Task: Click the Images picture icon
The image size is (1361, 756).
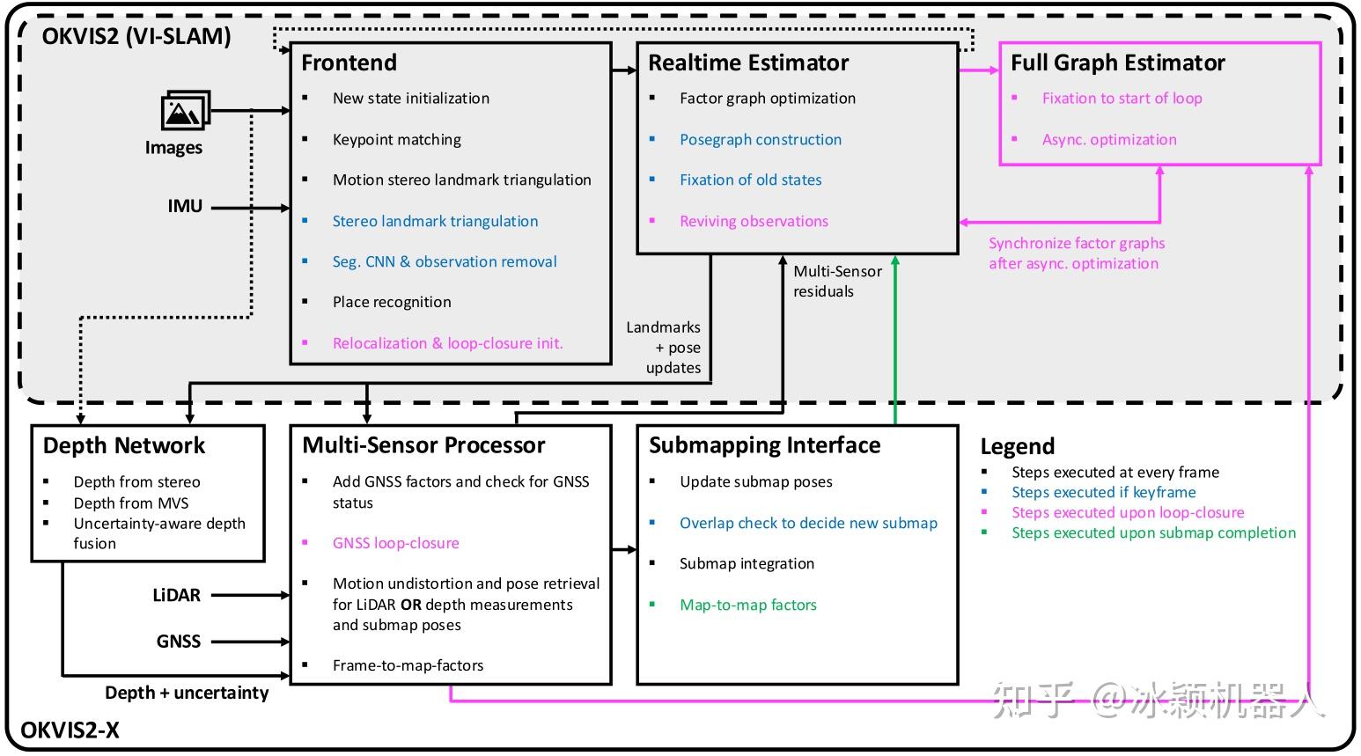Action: pos(186,110)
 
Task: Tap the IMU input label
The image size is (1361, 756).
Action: pos(186,207)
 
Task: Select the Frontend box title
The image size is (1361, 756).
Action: pos(349,62)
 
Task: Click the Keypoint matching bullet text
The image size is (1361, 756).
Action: pos(397,140)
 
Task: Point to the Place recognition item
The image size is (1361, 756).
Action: pos(392,302)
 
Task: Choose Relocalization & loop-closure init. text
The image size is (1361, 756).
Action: pos(448,343)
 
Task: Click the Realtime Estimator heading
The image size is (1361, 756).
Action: pos(748,62)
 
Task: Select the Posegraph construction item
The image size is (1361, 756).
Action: pos(761,140)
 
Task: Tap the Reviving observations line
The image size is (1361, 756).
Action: pos(754,221)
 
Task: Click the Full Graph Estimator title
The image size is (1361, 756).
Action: pos(1118,62)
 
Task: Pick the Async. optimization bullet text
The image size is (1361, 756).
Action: pos(1109,140)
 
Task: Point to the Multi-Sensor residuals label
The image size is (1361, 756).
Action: pos(838,281)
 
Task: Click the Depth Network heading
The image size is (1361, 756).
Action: pos(124,445)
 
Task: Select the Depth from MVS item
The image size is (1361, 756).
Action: pos(131,503)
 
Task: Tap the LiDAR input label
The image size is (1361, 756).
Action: pos(177,595)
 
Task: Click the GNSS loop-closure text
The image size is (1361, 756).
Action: pos(395,543)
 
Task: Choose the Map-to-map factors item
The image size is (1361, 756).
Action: pos(748,605)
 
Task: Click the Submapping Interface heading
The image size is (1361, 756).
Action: pos(765,445)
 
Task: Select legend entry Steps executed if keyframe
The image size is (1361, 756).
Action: pos(1104,492)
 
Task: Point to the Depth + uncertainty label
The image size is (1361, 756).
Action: pos(188,693)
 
